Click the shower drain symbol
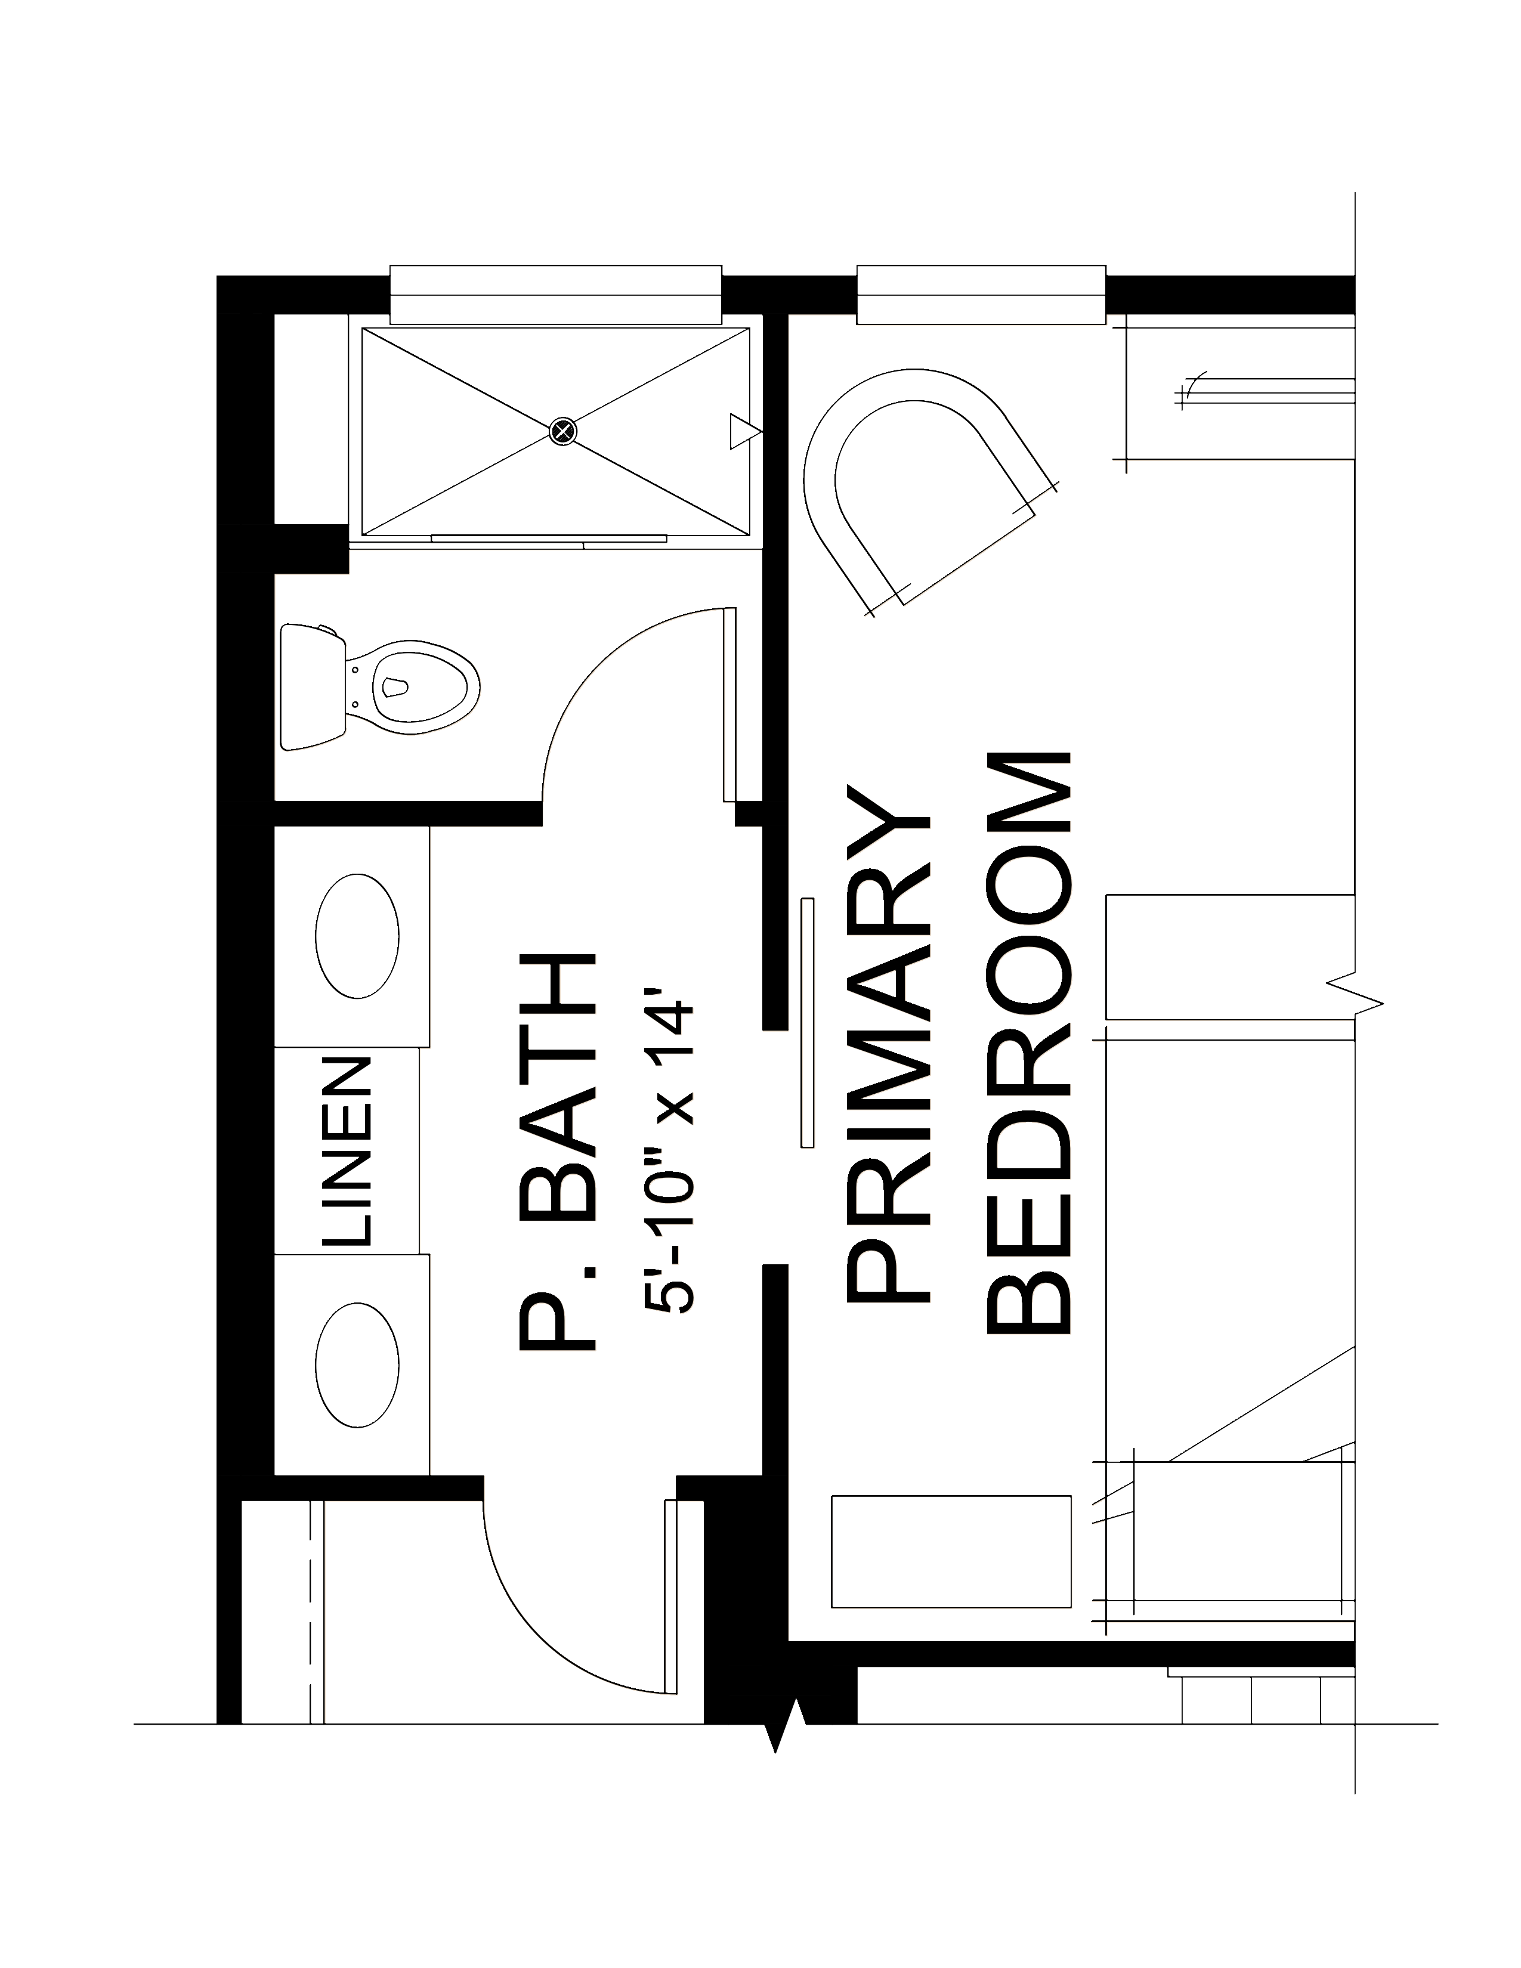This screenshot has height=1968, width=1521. coord(563,432)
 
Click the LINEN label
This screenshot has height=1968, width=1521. coord(347,1151)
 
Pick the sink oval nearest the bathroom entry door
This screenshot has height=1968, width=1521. coord(358,1365)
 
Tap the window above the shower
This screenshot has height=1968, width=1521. coord(556,295)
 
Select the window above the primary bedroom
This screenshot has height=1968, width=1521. coord(981,295)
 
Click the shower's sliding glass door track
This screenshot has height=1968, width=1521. coord(550,540)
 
